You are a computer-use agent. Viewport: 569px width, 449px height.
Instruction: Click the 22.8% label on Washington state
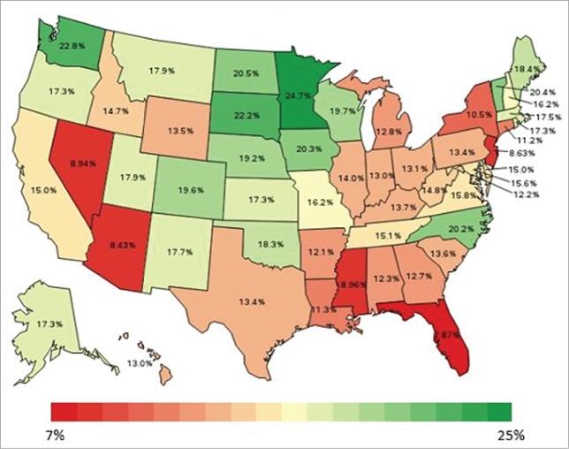[72, 46]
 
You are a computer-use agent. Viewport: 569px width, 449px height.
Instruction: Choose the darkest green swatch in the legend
[499, 411]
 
